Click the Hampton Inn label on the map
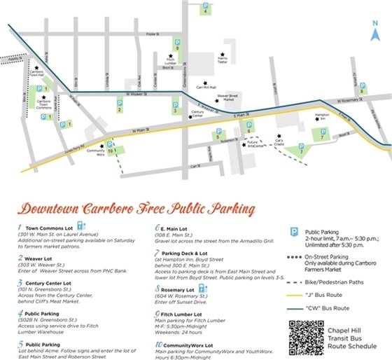pyautogui.click(x=323, y=116)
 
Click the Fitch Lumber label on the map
pyautogui.click(x=170, y=62)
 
